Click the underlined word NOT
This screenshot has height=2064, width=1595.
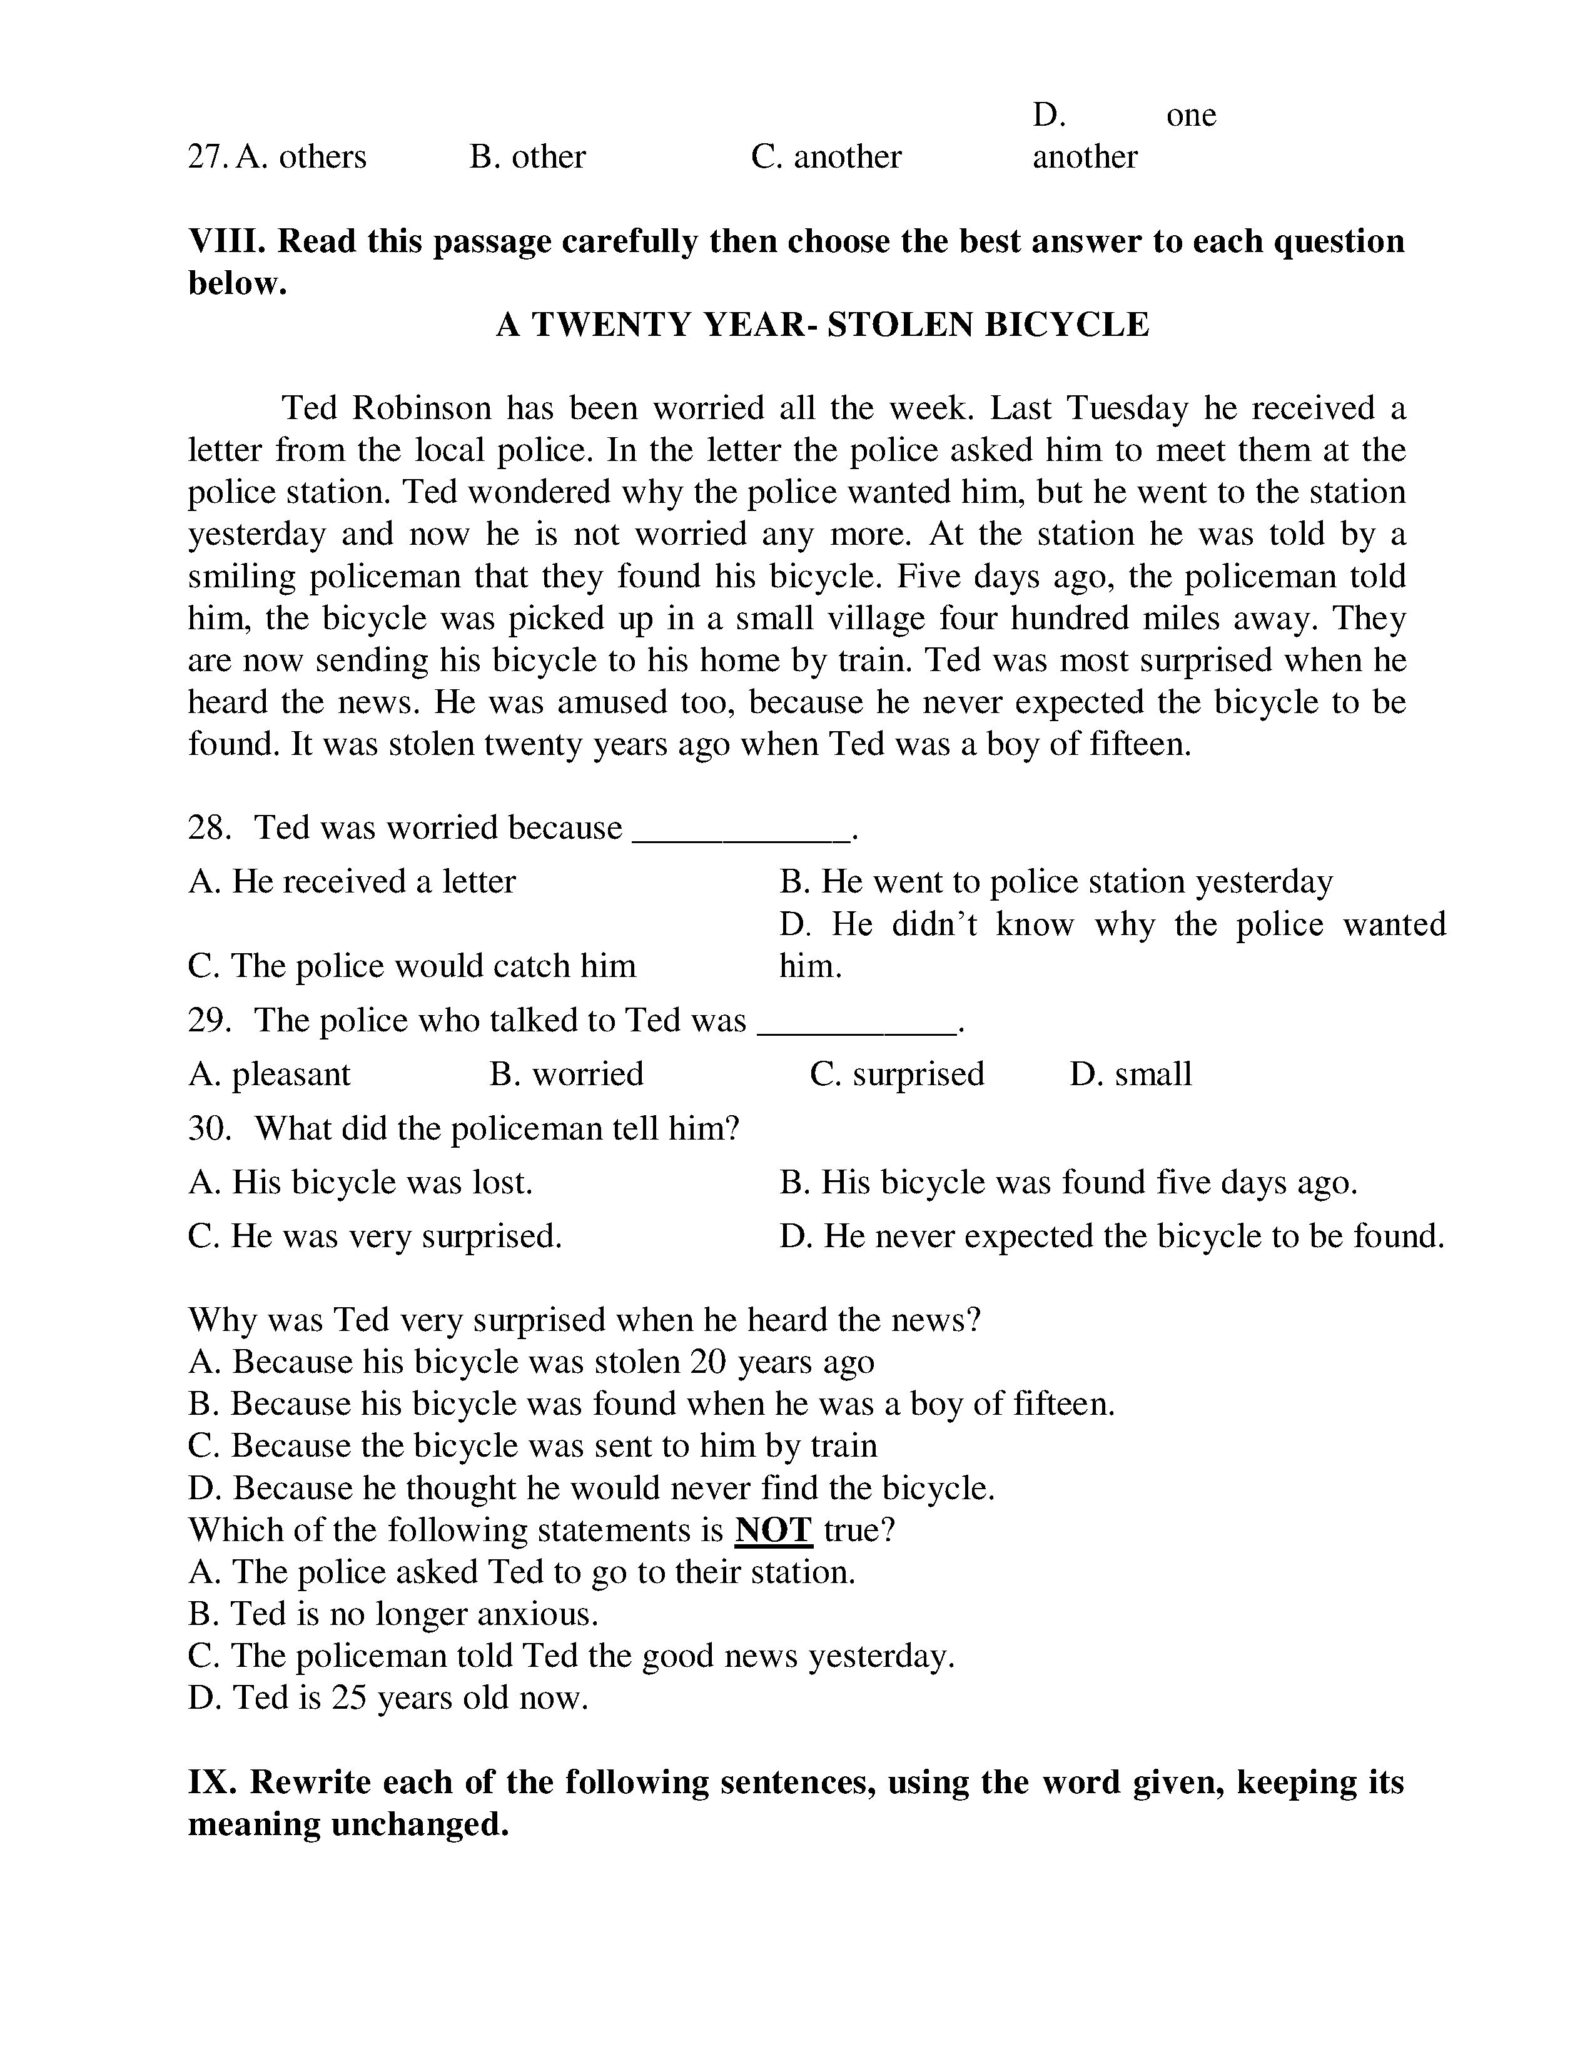coord(773,1530)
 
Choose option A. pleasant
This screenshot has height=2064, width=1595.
coord(270,1075)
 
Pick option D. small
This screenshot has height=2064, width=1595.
coord(1130,1075)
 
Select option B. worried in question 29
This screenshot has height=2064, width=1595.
coord(566,1075)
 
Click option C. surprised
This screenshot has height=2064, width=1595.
coord(897,1075)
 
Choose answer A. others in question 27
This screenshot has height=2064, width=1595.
coord(300,157)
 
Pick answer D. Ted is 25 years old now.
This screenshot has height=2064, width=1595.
coord(387,1698)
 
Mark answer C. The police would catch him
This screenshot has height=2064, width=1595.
coord(412,966)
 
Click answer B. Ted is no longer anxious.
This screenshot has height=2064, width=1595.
coord(393,1614)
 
